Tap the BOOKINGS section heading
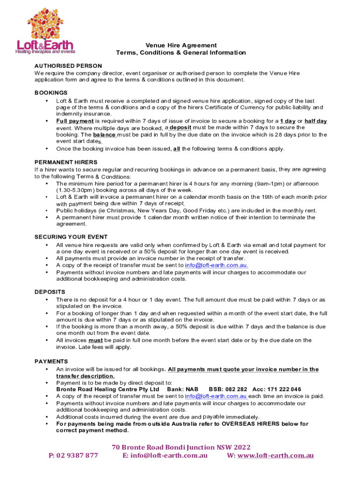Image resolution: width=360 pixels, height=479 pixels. coord(51,93)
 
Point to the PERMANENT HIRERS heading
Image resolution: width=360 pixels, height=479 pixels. coord(66,162)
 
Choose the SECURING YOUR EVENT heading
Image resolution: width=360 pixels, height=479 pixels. coord(71,237)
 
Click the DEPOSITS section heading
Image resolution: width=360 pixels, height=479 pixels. coord(50,292)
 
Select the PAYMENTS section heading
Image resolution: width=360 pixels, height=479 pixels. coord(51,362)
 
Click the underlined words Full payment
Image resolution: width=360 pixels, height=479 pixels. coord(74,121)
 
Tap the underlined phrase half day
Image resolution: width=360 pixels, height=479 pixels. coord(316,121)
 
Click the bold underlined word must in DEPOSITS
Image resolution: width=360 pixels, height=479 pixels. coord(95,341)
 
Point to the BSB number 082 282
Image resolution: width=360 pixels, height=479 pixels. coord(237,389)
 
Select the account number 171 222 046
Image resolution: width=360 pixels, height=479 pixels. coord(285,389)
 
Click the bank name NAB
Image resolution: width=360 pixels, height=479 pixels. coord(192,389)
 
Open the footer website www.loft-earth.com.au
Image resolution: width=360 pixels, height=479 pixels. coord(275,456)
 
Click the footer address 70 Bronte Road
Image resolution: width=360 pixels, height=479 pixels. coord(137,447)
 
